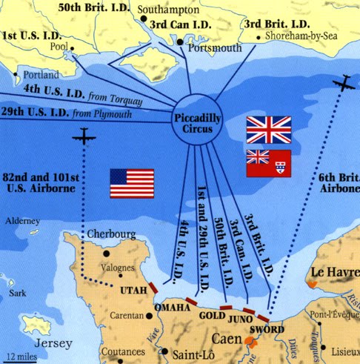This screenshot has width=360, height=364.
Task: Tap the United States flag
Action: click(x=132, y=183)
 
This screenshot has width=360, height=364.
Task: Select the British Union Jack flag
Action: click(x=268, y=130)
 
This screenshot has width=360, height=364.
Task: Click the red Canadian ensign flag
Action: click(x=268, y=162)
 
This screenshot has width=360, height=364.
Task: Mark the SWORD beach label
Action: click(x=267, y=328)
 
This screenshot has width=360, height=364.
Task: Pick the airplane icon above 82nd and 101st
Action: click(x=83, y=137)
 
